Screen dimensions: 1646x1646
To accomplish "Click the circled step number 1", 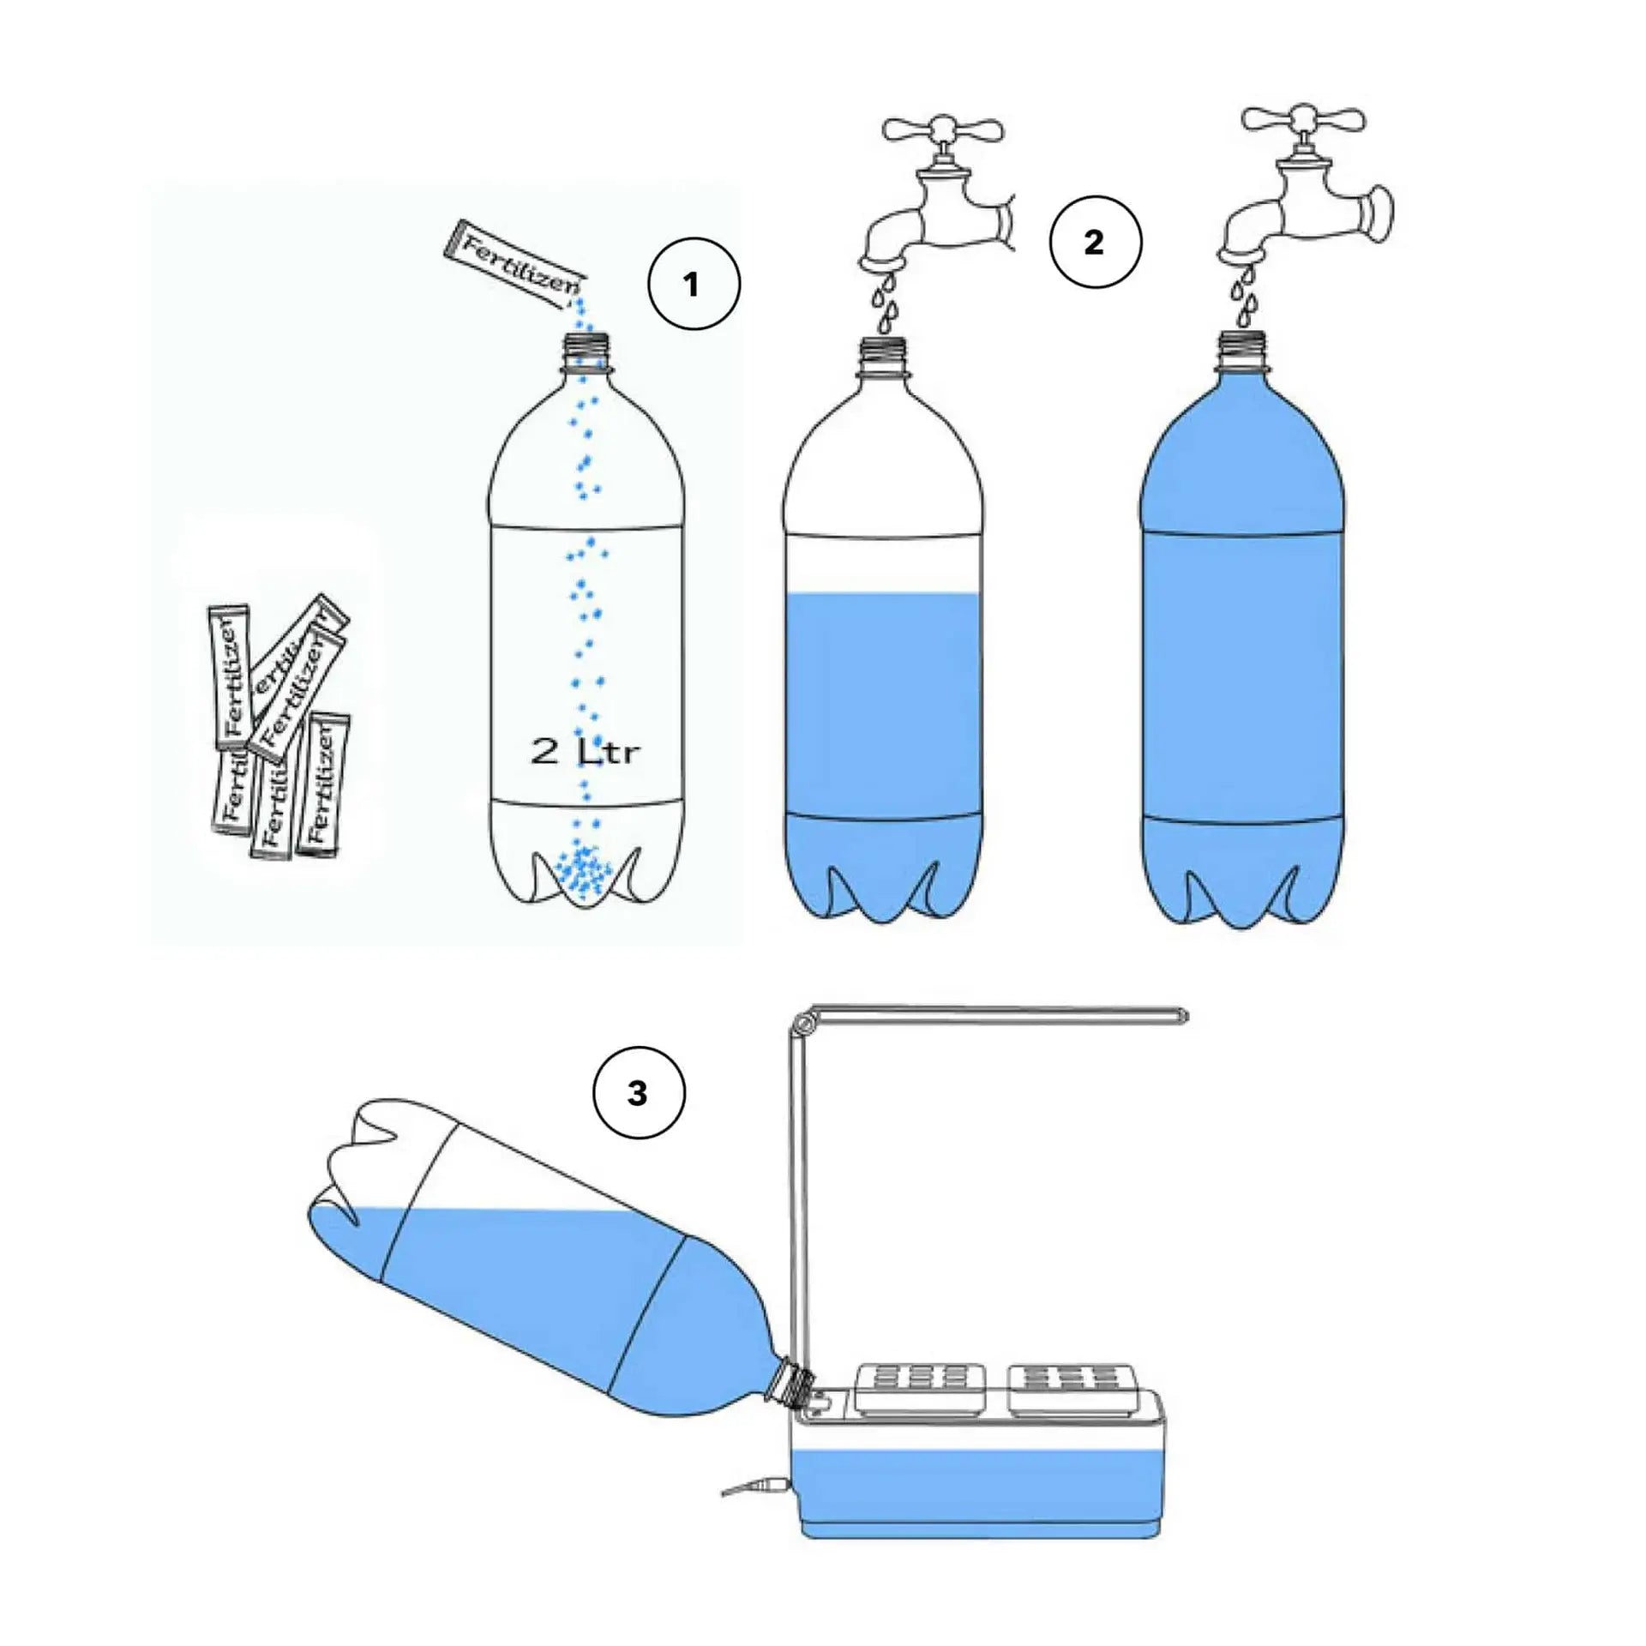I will (x=693, y=285).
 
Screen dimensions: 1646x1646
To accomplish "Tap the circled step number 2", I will (x=1095, y=243).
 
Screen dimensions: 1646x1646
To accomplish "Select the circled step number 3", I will (x=638, y=1094).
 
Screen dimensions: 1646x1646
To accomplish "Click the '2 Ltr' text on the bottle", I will (x=586, y=752).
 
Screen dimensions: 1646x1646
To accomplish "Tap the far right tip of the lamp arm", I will (x=1181, y=1016).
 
